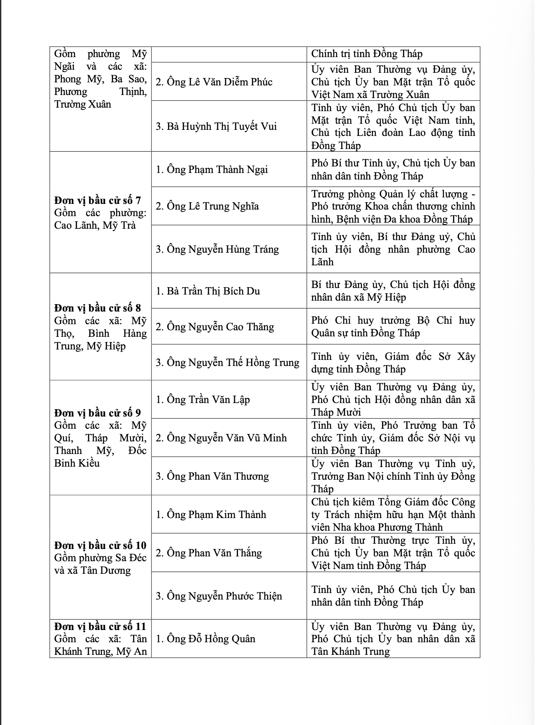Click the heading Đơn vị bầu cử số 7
[x=97, y=200]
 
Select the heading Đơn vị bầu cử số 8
[x=97, y=308]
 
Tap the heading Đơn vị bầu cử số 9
[x=97, y=413]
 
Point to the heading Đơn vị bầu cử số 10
[x=100, y=545]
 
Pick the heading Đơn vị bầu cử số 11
[x=100, y=626]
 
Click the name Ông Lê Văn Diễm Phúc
[x=214, y=82]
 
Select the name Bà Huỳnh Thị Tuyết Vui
[x=216, y=126]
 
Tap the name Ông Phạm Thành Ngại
[x=212, y=169]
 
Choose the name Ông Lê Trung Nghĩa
[x=207, y=206]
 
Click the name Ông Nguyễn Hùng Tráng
[x=217, y=249]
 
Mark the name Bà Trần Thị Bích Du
[x=208, y=291]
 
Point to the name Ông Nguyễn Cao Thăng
[x=215, y=327]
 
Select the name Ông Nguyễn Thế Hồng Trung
[x=228, y=362]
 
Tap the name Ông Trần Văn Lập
[x=203, y=400]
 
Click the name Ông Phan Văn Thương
[x=212, y=476]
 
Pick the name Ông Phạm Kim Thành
[x=211, y=515]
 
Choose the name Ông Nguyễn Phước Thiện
[x=219, y=596]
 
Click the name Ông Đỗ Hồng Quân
[x=206, y=639]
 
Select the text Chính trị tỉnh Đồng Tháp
[x=367, y=54]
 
